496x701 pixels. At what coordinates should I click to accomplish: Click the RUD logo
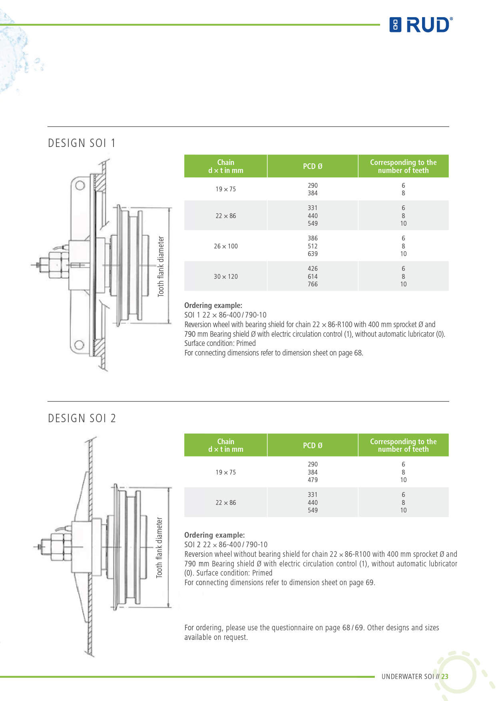[421, 25]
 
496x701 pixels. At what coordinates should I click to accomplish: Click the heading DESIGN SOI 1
[82, 143]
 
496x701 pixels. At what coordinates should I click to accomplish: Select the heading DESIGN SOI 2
[82, 418]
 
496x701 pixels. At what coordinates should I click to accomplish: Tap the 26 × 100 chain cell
[226, 246]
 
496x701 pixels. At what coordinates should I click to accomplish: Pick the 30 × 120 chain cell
[226, 276]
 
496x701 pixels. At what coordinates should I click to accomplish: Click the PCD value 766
[313, 284]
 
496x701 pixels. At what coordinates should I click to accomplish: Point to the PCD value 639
[313, 254]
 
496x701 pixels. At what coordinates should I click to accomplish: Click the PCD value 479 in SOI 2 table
[313, 480]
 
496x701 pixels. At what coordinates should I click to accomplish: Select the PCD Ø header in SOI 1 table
[313, 166]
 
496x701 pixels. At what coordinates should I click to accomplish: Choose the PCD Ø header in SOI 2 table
[313, 445]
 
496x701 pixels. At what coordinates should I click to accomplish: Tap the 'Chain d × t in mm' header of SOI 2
[226, 445]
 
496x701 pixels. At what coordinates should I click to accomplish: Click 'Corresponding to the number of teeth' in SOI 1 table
[403, 166]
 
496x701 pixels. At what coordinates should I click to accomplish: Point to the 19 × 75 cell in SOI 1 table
[226, 189]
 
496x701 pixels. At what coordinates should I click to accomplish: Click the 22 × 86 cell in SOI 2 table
[226, 502]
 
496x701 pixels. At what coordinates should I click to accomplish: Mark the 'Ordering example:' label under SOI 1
[213, 306]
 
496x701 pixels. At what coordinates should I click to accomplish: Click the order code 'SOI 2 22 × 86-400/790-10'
[226, 544]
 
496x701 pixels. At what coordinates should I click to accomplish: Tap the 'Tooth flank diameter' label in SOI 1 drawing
[161, 266]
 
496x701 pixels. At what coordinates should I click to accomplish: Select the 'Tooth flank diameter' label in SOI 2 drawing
[159, 548]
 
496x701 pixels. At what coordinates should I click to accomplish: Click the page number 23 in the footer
[445, 677]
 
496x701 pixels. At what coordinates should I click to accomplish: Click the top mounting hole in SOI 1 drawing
[80, 185]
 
